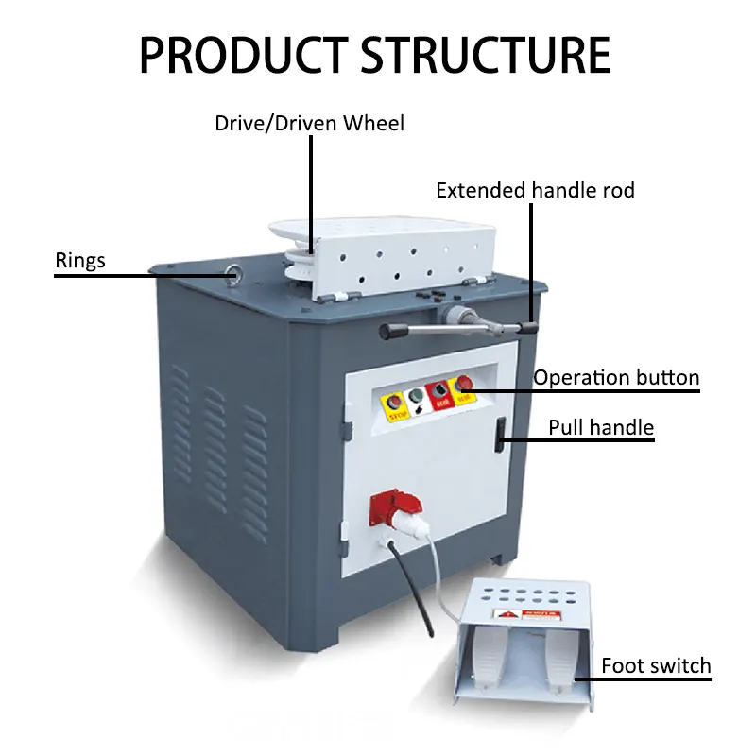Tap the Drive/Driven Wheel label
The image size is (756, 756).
309,123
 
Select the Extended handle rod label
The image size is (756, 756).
535,190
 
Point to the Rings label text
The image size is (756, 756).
81,259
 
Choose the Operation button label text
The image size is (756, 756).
616,378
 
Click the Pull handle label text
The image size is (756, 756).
601,428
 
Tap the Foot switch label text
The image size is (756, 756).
656,665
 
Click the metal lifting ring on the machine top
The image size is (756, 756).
232,275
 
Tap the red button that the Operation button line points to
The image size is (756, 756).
464,384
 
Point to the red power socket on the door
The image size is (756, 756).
387,509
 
